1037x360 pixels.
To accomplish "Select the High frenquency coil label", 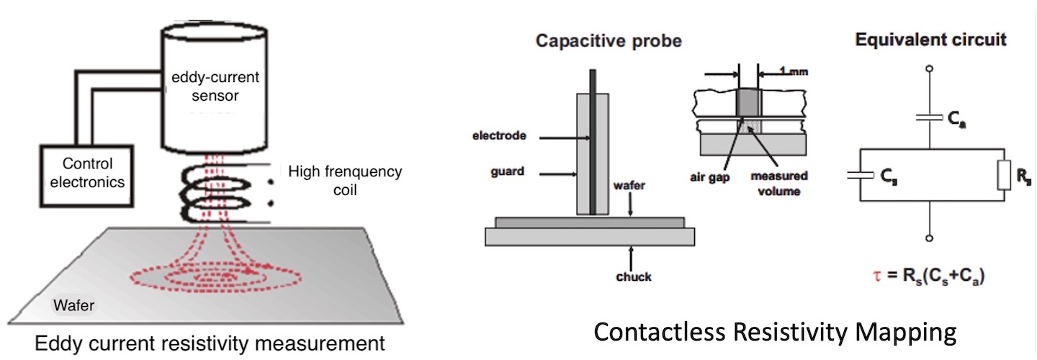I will (x=344, y=181).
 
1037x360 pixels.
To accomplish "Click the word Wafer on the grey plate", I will (x=73, y=307).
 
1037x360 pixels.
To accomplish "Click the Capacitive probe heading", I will (x=609, y=42).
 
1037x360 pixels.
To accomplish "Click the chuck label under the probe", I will (x=634, y=276).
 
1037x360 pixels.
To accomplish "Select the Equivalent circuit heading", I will (x=930, y=40).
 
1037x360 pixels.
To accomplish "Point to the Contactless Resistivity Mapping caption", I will (x=775, y=332).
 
